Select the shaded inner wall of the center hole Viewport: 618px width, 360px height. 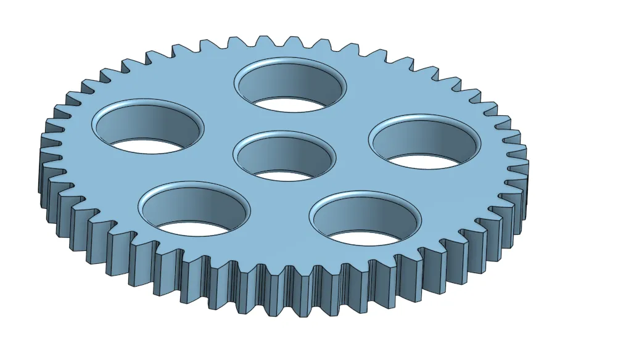[284, 154]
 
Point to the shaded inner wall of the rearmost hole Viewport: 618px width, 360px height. [290, 80]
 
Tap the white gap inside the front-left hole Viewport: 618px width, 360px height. [194, 229]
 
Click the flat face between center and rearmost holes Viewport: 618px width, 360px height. [287, 121]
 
